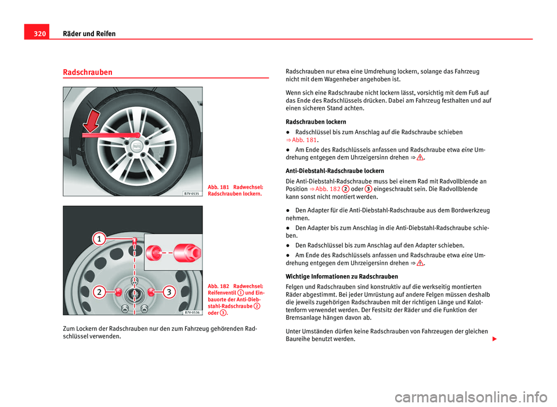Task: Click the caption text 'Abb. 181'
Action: click(219, 187)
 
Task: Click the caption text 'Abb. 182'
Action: click(219, 286)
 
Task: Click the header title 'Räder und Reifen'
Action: click(89, 34)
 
